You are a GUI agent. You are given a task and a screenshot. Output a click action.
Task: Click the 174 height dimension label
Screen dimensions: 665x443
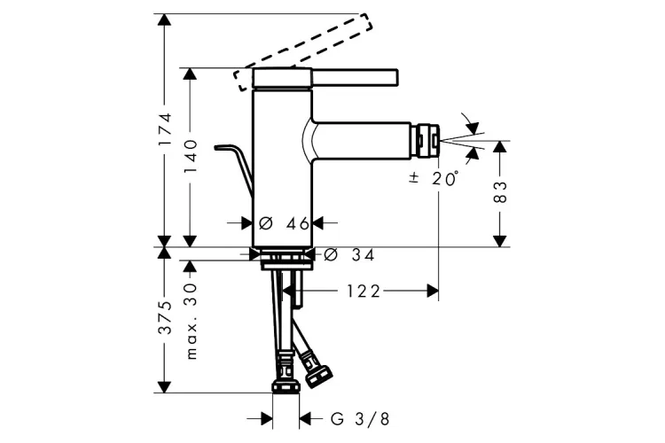[x=164, y=128]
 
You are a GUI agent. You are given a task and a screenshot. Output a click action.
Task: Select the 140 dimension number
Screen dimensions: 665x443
[x=191, y=156]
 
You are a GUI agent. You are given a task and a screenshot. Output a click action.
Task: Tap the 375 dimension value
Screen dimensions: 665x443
[x=164, y=317]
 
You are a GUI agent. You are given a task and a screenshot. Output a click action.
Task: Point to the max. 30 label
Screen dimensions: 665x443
[x=192, y=322]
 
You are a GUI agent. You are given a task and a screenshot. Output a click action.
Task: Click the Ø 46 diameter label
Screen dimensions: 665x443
[x=284, y=223]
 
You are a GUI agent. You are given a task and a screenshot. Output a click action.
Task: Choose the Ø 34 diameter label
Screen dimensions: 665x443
[x=349, y=255]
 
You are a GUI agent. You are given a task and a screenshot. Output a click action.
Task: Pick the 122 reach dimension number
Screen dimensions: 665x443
[x=364, y=291]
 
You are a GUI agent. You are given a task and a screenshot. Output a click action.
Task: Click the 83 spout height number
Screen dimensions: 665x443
[x=500, y=192]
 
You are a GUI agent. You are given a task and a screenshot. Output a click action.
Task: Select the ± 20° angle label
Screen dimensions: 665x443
[x=434, y=178]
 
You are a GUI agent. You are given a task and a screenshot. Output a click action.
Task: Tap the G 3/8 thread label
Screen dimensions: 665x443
[x=360, y=419]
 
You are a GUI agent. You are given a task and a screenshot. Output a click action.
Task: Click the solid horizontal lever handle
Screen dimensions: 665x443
[x=356, y=77]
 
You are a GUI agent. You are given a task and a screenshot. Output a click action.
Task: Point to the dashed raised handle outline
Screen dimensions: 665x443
[x=303, y=51]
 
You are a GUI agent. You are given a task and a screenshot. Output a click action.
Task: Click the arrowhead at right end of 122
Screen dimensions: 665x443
[x=433, y=291]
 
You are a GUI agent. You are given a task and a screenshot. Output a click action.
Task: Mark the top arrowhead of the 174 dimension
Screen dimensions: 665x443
[x=164, y=19]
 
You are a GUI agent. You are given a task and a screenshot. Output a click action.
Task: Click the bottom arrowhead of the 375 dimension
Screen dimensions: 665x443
[x=164, y=387]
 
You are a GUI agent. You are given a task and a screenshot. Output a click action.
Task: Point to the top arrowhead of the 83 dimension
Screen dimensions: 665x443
[x=500, y=147]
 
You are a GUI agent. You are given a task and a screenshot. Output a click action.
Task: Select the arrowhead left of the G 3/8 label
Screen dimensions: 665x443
[x=266, y=419]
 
